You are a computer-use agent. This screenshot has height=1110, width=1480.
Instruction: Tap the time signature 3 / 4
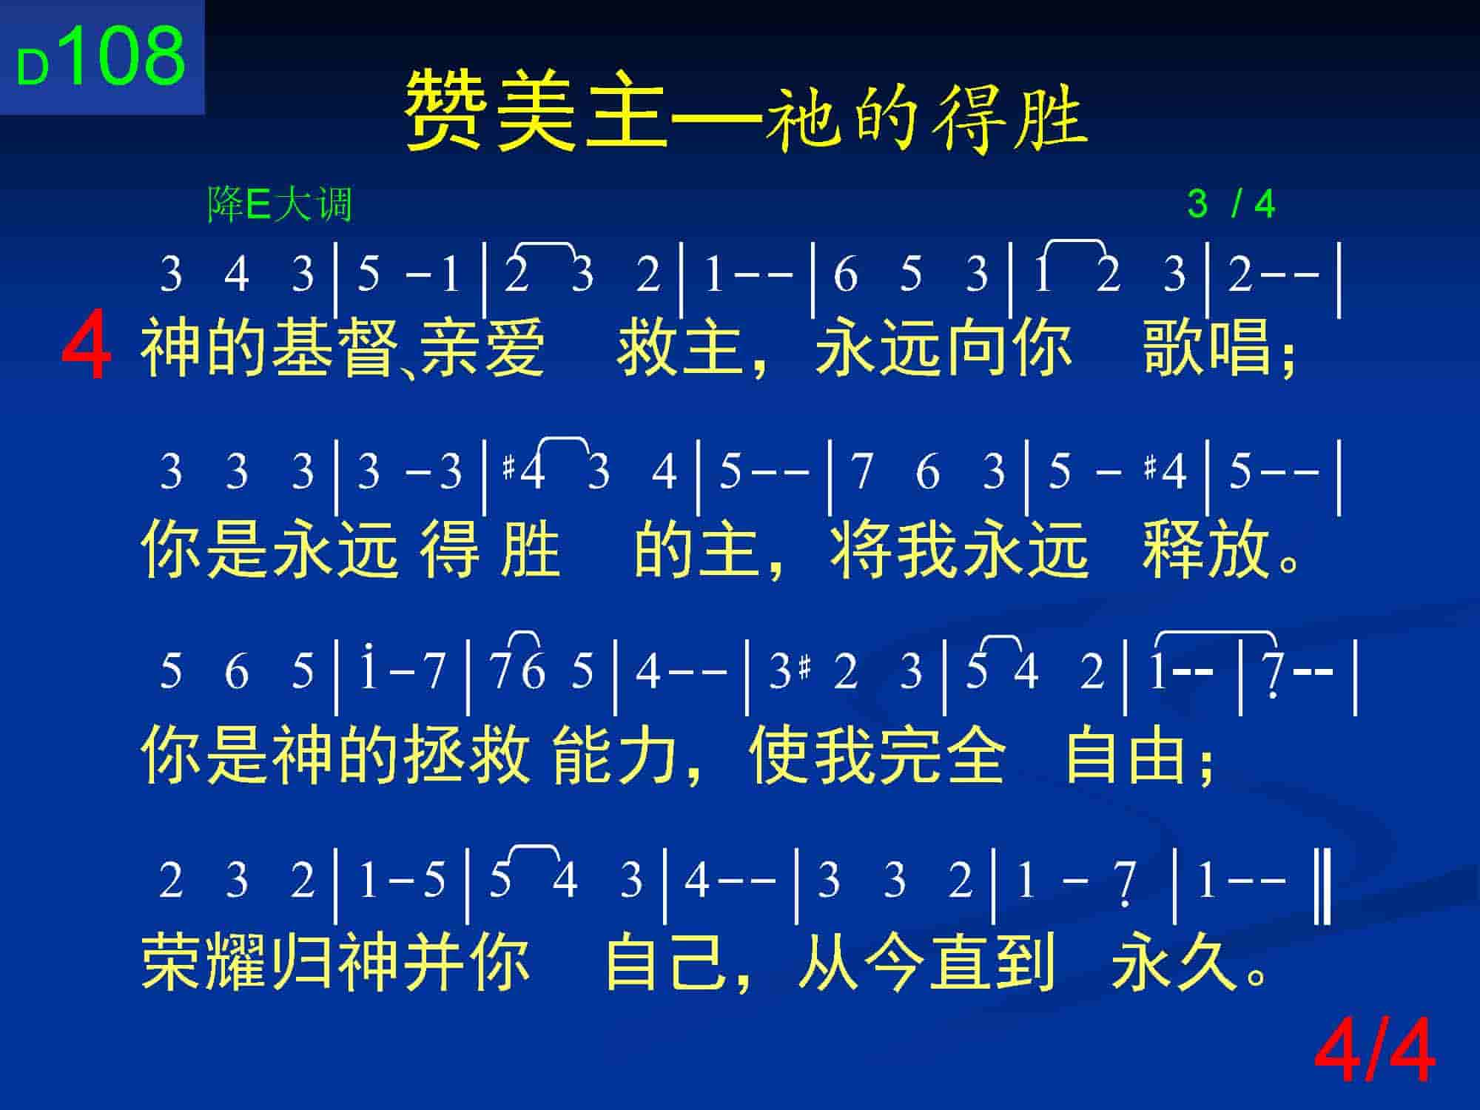click(1231, 204)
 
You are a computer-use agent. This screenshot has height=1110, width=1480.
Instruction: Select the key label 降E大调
click(280, 204)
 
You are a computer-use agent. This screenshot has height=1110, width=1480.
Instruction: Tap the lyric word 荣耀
click(204, 962)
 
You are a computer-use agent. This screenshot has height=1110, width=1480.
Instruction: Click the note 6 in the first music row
click(846, 275)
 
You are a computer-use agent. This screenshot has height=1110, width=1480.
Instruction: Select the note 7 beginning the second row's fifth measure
click(861, 471)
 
